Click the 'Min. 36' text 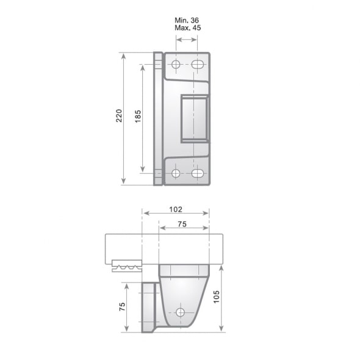[187, 20]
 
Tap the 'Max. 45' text [187, 28]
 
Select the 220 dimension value [119, 116]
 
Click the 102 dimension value [175, 209]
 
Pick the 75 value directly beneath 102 [182, 224]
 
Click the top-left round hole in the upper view [176, 65]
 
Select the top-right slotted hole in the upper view [197, 65]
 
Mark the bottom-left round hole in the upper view [176, 173]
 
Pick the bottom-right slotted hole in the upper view [197, 173]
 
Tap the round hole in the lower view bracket [180, 312]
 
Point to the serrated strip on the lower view [127, 267]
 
